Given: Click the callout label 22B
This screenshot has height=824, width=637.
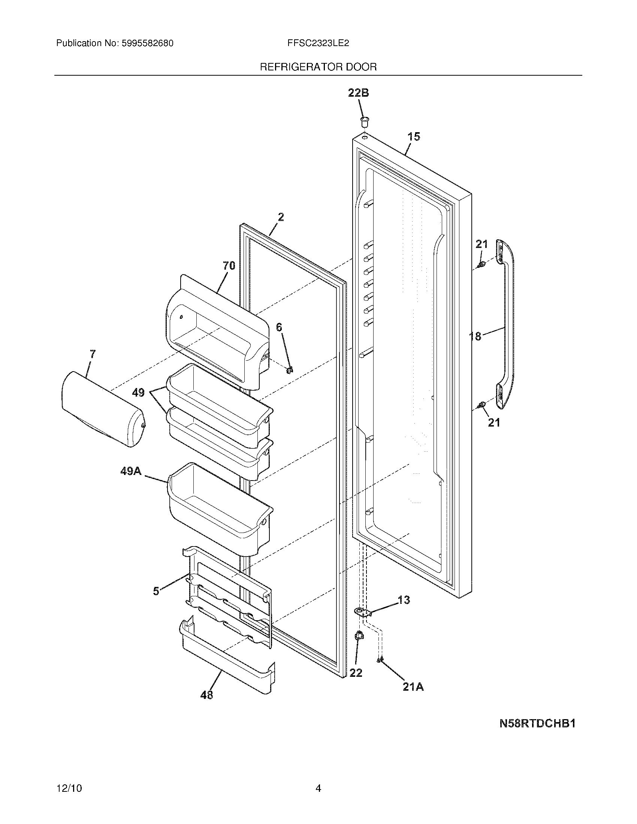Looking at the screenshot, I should pyautogui.click(x=358, y=93).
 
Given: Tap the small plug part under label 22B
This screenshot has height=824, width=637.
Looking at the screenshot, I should pyautogui.click(x=365, y=122).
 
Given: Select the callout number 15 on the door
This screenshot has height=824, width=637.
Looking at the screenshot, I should pyautogui.click(x=414, y=137).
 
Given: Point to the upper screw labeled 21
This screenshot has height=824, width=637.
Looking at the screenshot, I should pyautogui.click(x=481, y=264).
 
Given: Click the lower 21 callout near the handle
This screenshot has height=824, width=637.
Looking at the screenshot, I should pyautogui.click(x=494, y=422).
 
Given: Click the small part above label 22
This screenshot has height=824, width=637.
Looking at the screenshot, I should pyautogui.click(x=359, y=636).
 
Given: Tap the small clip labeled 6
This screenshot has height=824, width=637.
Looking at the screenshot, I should pyautogui.click(x=289, y=370).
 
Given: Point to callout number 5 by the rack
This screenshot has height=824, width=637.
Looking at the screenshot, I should pyautogui.click(x=156, y=591).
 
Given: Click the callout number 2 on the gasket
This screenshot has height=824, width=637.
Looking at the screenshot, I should pyautogui.click(x=281, y=217).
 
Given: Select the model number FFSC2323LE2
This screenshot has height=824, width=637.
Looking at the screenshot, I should pyautogui.click(x=318, y=43).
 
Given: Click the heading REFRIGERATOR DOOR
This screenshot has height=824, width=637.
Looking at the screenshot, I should pyautogui.click(x=318, y=67).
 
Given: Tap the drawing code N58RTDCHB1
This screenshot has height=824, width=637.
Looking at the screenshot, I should pyautogui.click(x=537, y=724).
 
